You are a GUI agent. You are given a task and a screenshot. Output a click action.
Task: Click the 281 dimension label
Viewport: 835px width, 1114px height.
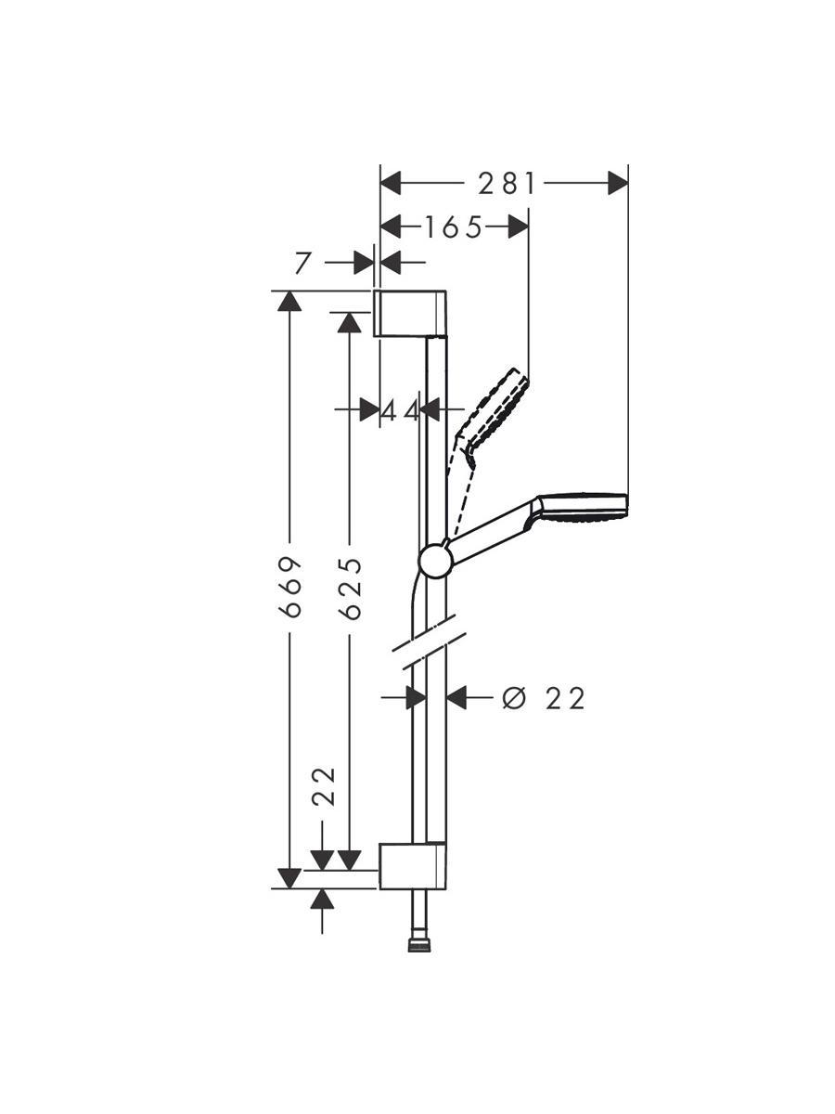[x=507, y=184]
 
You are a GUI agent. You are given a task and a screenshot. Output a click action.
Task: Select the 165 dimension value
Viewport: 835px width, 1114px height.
[x=452, y=227]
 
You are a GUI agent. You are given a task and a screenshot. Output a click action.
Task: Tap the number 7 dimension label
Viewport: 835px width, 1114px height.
[x=302, y=264]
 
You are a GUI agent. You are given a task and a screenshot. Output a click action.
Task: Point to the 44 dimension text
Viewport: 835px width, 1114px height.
[x=401, y=410]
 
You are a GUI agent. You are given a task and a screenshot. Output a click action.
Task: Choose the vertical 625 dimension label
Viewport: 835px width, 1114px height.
[x=351, y=589]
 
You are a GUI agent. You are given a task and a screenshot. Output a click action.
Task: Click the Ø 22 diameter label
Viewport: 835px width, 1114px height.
[x=544, y=699]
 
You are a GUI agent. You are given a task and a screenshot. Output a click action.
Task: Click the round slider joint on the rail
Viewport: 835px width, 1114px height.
[x=434, y=561]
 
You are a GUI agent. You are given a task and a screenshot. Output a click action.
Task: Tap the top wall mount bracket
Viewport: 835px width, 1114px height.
[x=410, y=313]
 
